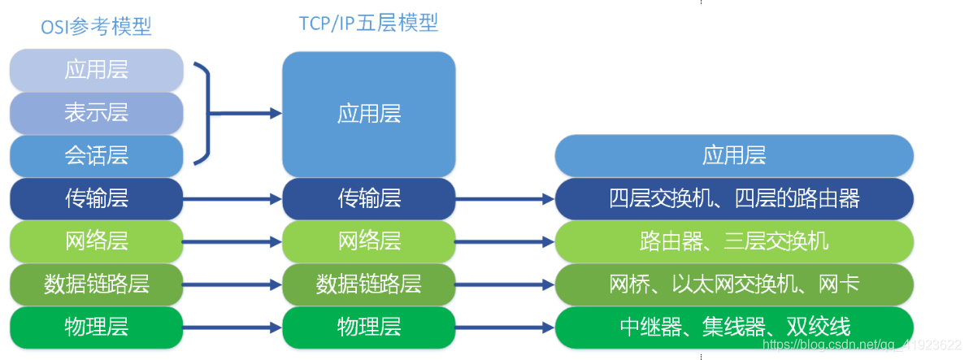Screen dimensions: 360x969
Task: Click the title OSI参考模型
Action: point(96,28)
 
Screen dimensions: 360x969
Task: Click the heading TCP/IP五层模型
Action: point(368,24)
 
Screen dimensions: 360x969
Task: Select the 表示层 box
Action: point(97,112)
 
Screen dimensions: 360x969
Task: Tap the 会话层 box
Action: point(97,154)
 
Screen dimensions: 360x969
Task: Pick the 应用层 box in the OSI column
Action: point(97,70)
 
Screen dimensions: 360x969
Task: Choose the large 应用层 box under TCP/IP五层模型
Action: point(368,114)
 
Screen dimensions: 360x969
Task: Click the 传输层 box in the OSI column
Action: point(97,197)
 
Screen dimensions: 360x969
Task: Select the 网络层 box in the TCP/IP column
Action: point(368,241)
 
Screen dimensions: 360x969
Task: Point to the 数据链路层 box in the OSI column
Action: point(97,284)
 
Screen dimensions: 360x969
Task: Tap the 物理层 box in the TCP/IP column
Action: point(368,327)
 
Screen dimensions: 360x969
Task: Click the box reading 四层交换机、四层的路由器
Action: point(734,197)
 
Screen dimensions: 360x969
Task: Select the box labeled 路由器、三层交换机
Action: point(734,241)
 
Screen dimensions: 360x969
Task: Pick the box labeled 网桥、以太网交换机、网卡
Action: point(734,284)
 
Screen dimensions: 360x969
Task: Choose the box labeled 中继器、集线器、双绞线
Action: point(734,327)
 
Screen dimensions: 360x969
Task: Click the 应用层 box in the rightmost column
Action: point(734,154)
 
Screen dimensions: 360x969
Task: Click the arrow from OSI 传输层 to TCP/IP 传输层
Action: point(232,198)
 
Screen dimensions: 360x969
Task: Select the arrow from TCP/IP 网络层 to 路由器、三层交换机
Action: point(505,241)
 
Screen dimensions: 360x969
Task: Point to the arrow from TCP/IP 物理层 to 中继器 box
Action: point(505,327)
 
